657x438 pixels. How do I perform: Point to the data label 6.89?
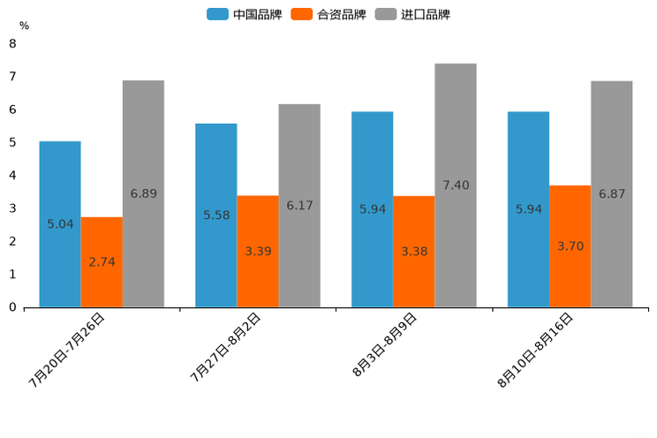pos(143,193)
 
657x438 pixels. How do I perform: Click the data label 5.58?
pos(216,215)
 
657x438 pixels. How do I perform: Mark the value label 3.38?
pos(414,252)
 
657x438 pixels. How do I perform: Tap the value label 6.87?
pos(612,193)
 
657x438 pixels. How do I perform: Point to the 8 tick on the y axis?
pos(12,43)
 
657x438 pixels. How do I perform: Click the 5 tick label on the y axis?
pos(12,142)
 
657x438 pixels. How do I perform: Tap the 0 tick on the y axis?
pos(12,307)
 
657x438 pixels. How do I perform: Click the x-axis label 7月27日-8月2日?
pos(225,347)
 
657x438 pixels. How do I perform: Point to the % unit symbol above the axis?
pos(24,26)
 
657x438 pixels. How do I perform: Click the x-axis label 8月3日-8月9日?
pos(385,345)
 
